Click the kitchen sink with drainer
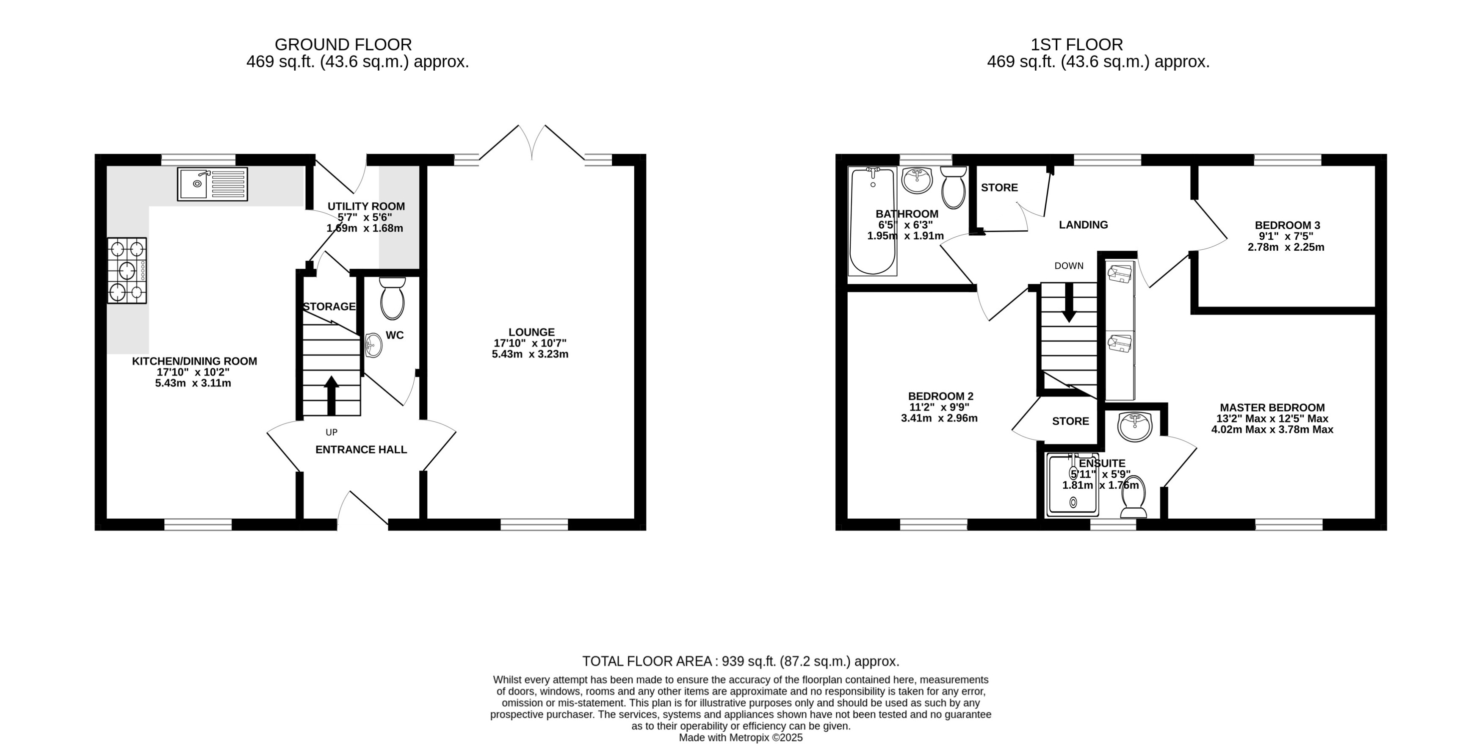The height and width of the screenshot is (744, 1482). point(212,184)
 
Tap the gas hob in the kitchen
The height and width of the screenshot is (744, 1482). point(127,271)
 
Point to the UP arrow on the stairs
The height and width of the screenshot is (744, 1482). point(332,395)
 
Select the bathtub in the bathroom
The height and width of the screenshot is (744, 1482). point(873,221)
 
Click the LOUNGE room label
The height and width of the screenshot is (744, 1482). point(531,332)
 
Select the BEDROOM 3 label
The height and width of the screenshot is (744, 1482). point(1287,225)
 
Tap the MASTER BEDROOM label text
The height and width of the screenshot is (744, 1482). point(1272,407)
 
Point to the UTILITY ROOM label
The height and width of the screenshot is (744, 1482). point(366,206)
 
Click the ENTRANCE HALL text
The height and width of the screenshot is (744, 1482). point(361,449)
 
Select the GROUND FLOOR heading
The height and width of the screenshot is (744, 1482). point(343,44)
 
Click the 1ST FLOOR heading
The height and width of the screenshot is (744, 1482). point(1076,44)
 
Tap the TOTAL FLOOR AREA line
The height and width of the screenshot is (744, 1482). point(741,661)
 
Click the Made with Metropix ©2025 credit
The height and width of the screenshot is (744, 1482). point(741,737)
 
